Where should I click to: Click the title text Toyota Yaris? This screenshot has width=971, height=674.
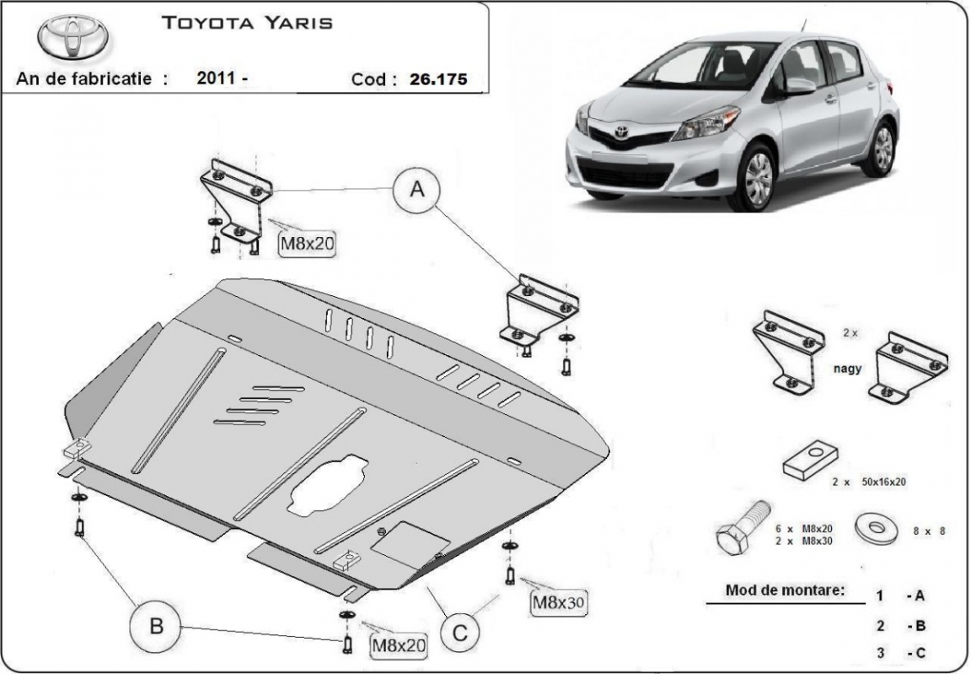[247, 23]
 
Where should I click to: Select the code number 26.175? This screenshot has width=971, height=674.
[438, 80]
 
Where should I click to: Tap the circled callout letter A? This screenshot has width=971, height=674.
[416, 191]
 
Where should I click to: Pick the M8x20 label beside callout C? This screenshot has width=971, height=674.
[399, 645]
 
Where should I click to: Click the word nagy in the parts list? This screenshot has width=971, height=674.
[848, 369]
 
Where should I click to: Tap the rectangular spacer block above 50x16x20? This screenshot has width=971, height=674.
[809, 459]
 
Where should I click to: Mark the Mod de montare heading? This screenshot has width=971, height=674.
[784, 590]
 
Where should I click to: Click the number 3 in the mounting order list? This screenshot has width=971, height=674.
[880, 651]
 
